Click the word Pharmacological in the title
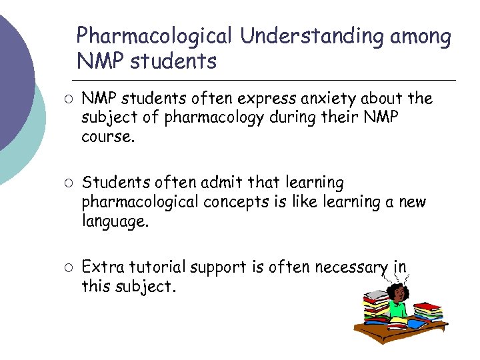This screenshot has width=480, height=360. [155, 36]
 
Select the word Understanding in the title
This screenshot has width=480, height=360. [309, 36]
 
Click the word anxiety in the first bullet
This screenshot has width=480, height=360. [323, 99]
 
